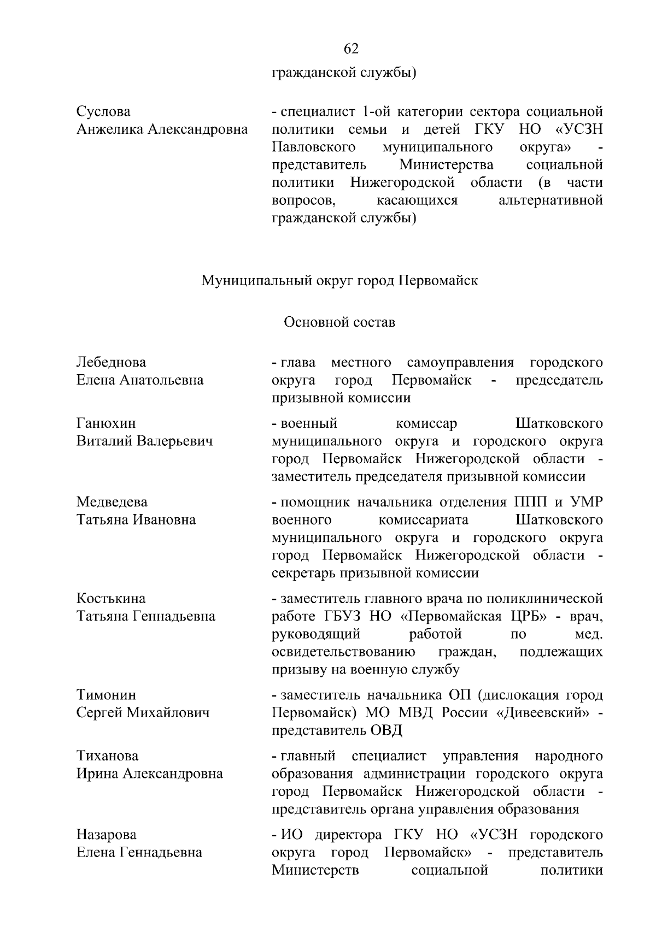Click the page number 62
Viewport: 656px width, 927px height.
pos(351,49)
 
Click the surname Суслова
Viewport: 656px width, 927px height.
pos(103,111)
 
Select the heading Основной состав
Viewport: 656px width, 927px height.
pos(339,322)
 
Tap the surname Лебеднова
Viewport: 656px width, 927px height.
pos(111,363)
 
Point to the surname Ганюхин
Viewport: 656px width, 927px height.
pos(106,423)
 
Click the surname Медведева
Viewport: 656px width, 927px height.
pos(112,502)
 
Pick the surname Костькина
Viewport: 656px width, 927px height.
pos(111,599)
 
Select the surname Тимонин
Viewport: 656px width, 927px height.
pos(106,695)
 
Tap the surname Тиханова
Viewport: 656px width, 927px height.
pos(107,756)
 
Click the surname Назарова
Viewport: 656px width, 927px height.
pos(106,835)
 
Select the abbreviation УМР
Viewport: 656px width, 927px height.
pos(587,502)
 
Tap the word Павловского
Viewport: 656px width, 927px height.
pos(314,147)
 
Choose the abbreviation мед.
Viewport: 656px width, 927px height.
pos(589,634)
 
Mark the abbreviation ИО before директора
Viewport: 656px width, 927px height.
pos(291,835)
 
